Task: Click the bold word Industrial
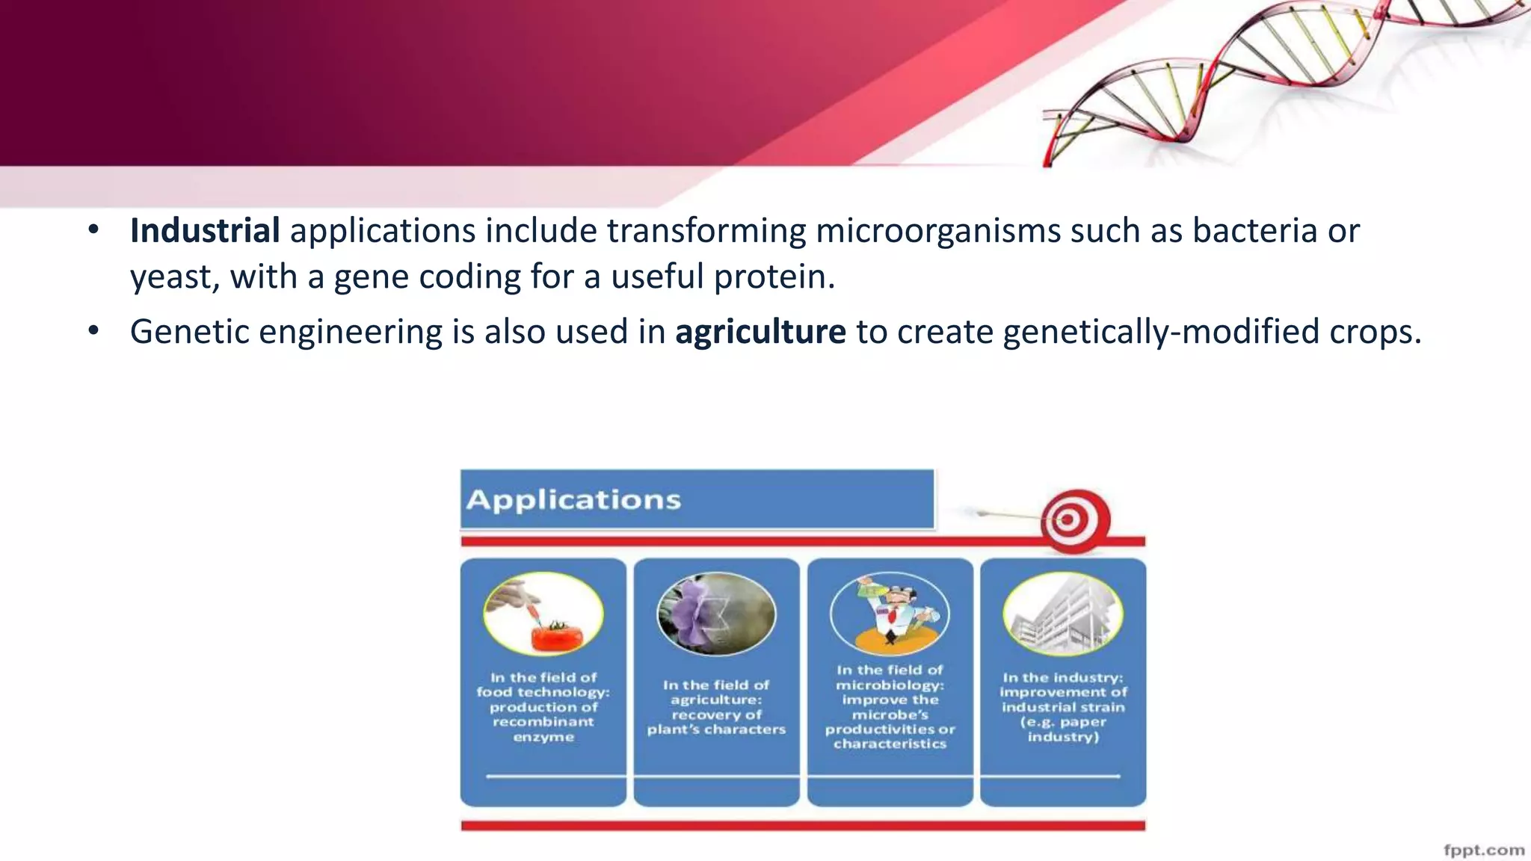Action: [x=205, y=231]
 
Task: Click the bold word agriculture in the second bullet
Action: [x=760, y=332]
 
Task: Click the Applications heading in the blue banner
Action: [x=573, y=499]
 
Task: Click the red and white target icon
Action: [x=1074, y=521]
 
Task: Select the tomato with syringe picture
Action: [x=543, y=614]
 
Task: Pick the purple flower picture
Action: [x=716, y=614]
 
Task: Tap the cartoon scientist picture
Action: [x=890, y=614]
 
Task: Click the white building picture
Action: [x=1062, y=614]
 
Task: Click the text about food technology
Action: [x=543, y=706]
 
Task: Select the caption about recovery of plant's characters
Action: [x=716, y=706]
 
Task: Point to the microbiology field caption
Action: [x=890, y=706]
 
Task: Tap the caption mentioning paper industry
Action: [x=1062, y=706]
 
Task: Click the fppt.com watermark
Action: [x=1483, y=850]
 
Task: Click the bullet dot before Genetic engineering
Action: [x=93, y=330]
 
